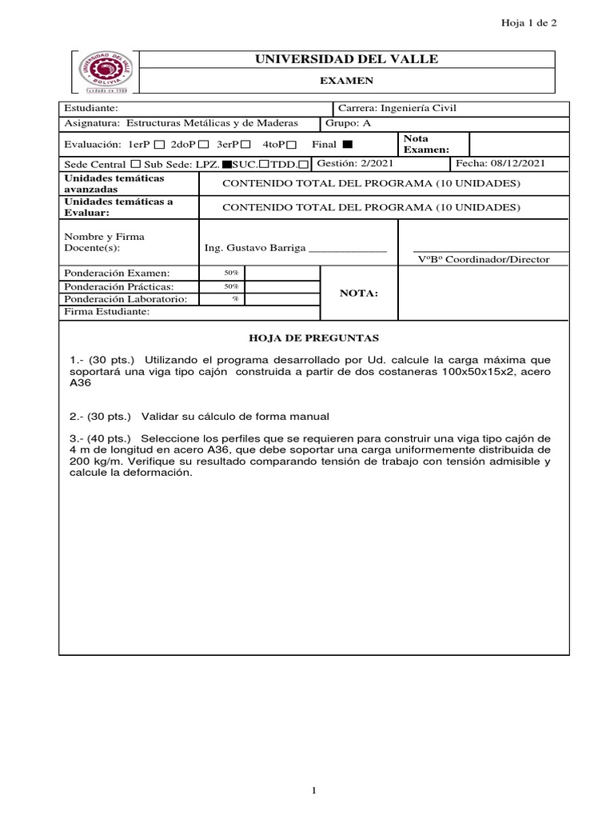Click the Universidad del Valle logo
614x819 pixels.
click(x=106, y=73)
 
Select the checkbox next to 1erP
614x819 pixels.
click(x=158, y=145)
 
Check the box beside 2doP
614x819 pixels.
click(x=203, y=145)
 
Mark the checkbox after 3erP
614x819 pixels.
click(x=245, y=145)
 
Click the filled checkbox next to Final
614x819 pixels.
click(x=347, y=145)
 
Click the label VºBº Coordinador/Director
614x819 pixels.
click(x=484, y=259)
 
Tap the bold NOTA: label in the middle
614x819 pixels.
click(x=358, y=294)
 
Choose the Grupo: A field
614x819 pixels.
click(x=349, y=123)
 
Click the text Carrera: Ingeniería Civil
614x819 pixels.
click(x=397, y=108)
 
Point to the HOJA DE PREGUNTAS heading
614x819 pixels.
click(x=314, y=338)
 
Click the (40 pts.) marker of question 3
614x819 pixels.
click(x=114, y=438)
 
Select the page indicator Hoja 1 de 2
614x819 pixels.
click(x=528, y=23)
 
